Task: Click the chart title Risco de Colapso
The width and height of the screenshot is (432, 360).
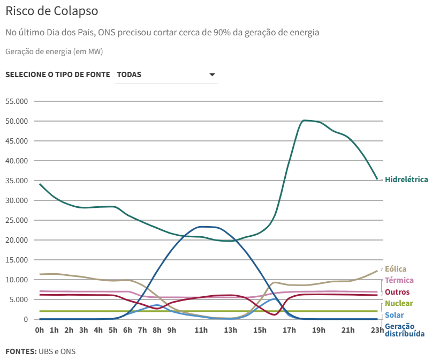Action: pyautogui.click(x=52, y=11)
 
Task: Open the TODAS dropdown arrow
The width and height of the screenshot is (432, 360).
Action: pyautogui.click(x=212, y=74)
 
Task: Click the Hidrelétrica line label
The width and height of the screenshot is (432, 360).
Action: pyautogui.click(x=406, y=179)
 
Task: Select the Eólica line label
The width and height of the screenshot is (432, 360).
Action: pyautogui.click(x=396, y=269)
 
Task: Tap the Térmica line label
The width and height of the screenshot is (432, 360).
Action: pyautogui.click(x=399, y=280)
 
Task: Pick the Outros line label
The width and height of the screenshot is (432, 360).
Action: pyautogui.click(x=397, y=292)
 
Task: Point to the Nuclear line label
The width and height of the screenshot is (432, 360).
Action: pyautogui.click(x=399, y=304)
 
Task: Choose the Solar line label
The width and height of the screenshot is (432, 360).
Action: pyautogui.click(x=395, y=315)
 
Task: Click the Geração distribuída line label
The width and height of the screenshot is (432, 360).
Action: pyautogui.click(x=404, y=330)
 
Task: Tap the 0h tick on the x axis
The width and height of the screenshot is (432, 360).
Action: pyautogui.click(x=39, y=330)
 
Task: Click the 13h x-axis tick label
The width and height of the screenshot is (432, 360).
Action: pyautogui.click(x=230, y=330)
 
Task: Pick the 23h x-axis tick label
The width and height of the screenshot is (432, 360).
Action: pyautogui.click(x=377, y=330)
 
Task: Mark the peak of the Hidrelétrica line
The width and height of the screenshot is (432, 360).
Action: pyautogui.click(x=305, y=121)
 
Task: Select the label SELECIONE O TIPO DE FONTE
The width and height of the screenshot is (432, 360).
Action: pyautogui.click(x=58, y=74)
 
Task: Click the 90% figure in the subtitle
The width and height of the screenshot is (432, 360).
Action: pyautogui.click(x=222, y=33)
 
